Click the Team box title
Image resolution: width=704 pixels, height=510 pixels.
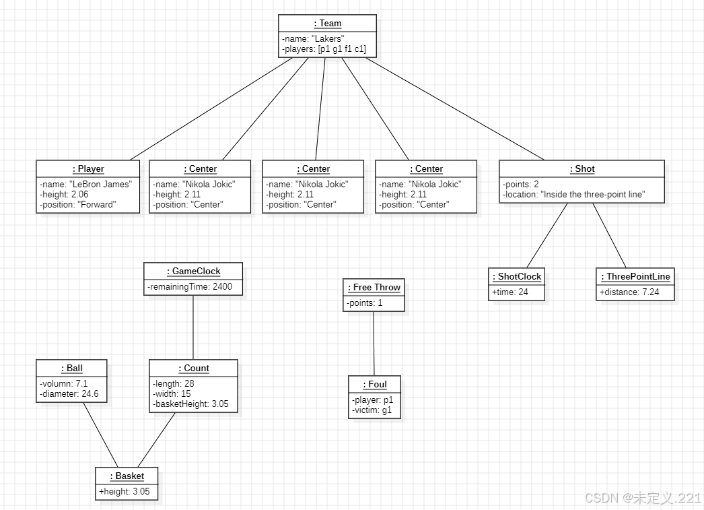(328, 24)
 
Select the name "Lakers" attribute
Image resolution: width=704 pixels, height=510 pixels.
(312, 39)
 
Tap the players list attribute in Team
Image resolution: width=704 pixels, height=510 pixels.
(324, 49)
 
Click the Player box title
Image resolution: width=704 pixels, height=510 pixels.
(88, 169)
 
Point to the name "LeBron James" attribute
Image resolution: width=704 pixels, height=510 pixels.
(85, 185)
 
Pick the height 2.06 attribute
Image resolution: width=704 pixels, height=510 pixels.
(64, 195)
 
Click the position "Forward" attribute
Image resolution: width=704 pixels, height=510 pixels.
(77, 205)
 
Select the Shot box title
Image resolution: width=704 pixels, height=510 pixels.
(582, 169)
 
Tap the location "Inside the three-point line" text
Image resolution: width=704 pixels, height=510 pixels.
(574, 195)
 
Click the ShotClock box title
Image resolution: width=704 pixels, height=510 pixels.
(517, 277)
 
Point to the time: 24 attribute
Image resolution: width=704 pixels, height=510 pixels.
(510, 292)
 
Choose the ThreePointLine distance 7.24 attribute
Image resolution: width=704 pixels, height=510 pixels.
(629, 292)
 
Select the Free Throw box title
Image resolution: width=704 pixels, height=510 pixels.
(374, 288)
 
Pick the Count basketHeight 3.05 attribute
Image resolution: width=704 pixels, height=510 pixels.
(192, 405)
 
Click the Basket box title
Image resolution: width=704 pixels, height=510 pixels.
(127, 476)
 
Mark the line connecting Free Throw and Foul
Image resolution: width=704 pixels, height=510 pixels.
(374, 344)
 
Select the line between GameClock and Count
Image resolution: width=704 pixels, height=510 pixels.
(194, 327)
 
